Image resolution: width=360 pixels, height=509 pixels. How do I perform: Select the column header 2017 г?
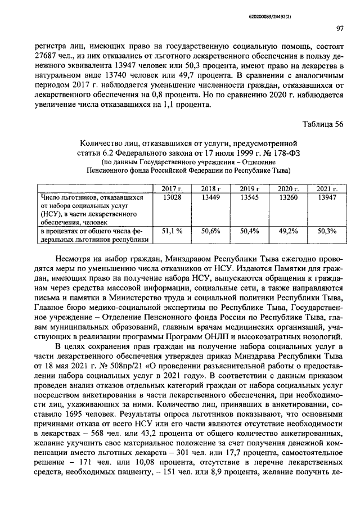[172, 188]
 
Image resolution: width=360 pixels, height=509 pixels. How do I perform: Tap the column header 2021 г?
[326, 188]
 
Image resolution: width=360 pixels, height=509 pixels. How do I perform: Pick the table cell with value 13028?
[172, 197]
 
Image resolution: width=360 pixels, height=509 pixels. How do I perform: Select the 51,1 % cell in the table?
[172, 231]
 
